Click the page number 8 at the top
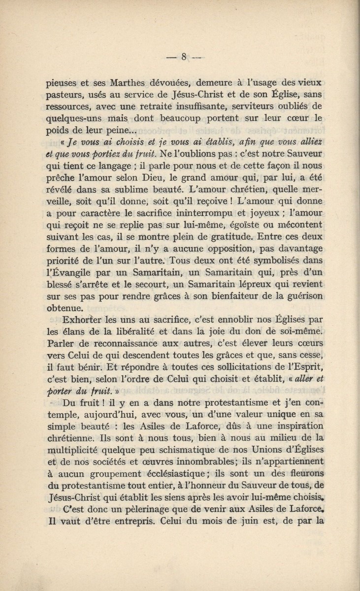pyautogui.click(x=182, y=56)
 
